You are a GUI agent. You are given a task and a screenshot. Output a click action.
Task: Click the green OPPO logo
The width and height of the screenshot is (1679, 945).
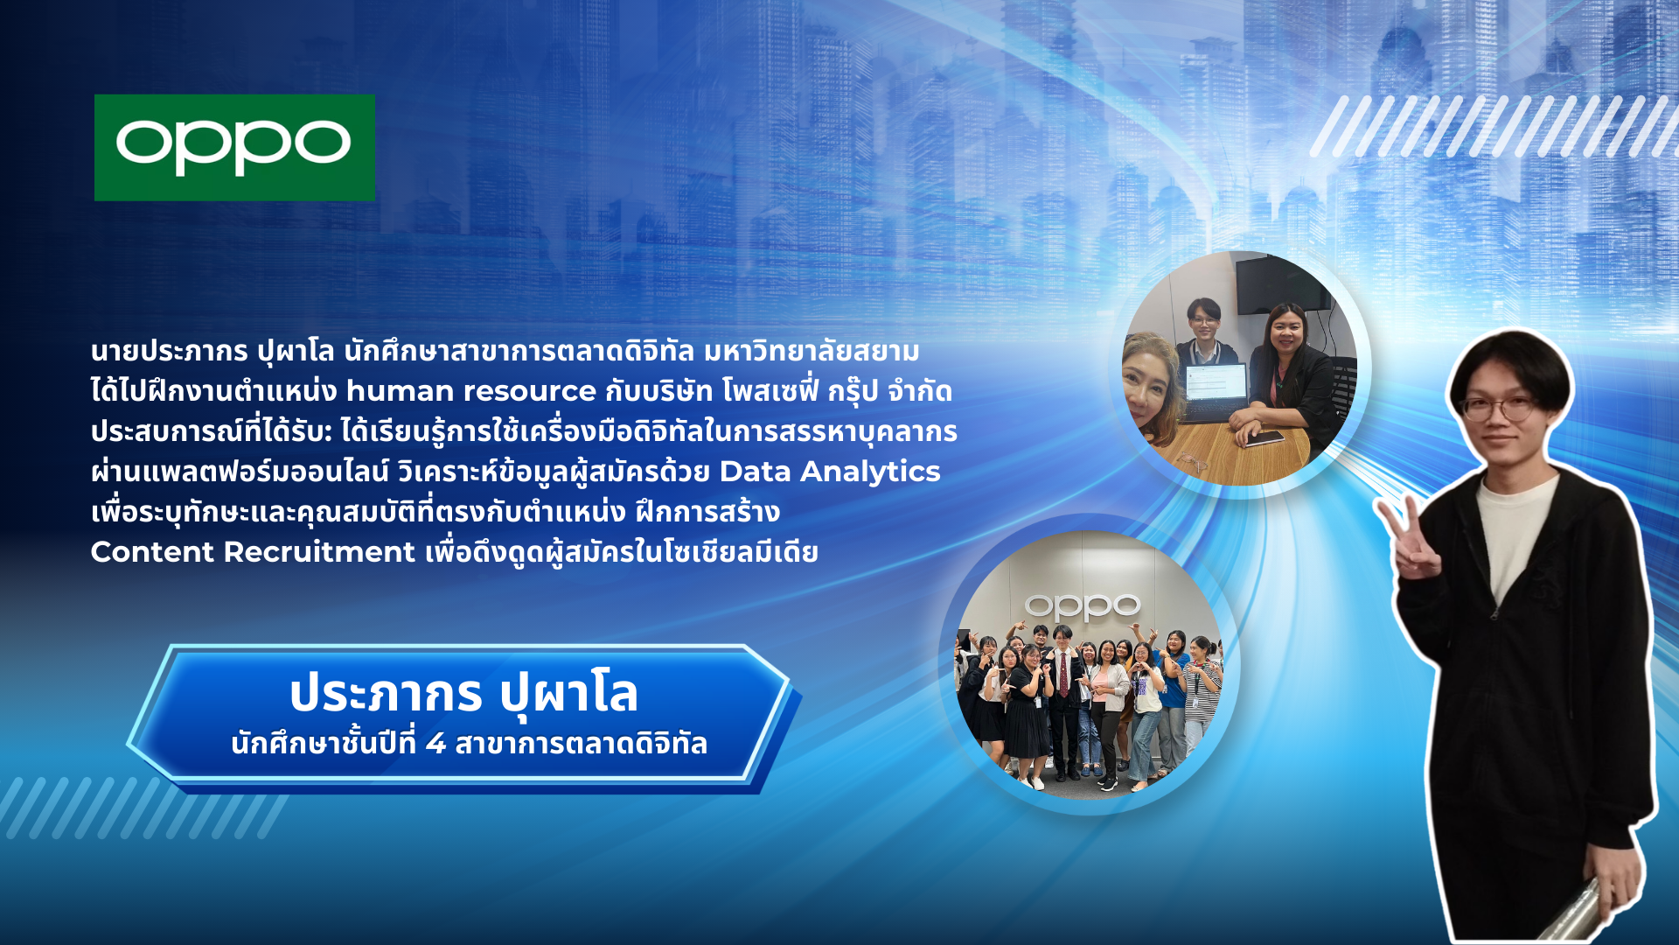234,147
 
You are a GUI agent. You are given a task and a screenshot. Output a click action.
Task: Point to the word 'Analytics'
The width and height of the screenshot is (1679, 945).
871,472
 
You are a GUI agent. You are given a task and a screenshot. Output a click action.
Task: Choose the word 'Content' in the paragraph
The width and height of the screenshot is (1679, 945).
152,552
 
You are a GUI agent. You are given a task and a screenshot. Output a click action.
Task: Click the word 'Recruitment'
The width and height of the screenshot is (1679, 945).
319,552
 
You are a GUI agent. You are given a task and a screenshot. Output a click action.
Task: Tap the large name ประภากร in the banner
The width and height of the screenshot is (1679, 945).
386,694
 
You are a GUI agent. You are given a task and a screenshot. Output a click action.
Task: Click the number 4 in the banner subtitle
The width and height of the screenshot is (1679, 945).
435,744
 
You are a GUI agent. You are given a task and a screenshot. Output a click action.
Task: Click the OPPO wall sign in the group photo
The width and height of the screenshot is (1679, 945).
1083,605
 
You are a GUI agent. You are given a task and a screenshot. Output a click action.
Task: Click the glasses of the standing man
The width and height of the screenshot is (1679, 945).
1498,408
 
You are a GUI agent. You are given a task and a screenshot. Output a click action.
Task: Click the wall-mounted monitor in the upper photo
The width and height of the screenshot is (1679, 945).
1282,284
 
